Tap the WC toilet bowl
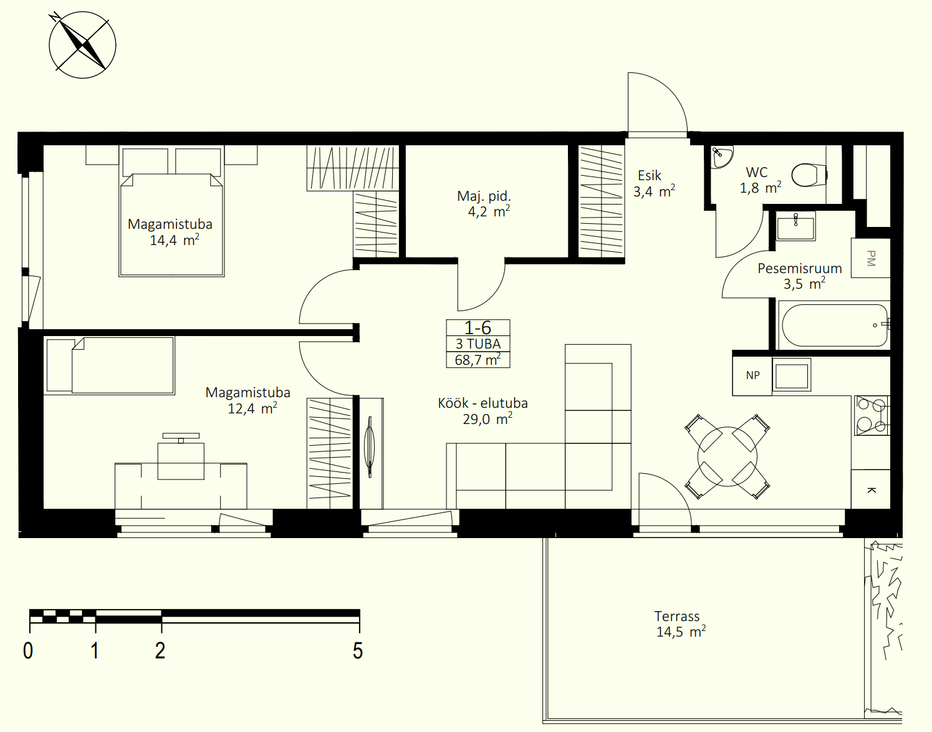coord(809,175)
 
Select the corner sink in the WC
coord(721,157)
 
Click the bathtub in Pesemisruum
coord(835,325)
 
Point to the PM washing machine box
coord(871,258)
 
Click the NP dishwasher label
coord(752,375)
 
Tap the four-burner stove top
coord(872,415)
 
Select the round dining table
coord(728,456)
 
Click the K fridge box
coord(871,489)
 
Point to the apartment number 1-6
coord(478,328)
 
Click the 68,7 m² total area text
coord(478,360)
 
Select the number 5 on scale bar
coord(358,651)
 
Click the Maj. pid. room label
coord(484,196)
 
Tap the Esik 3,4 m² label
coord(654,183)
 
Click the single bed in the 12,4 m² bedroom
coord(110,365)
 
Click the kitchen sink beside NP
coord(792,375)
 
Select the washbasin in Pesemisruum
coord(796,226)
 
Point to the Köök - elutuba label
coord(483,403)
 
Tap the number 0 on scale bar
coord(28,651)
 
